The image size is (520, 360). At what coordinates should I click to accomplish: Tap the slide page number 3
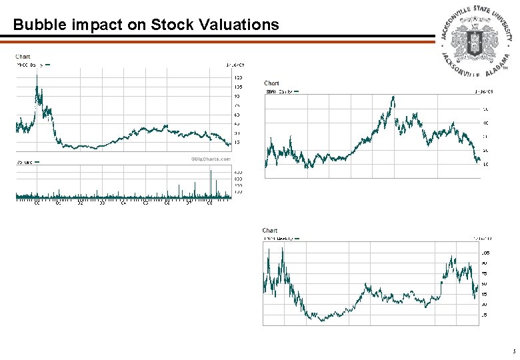point(513,351)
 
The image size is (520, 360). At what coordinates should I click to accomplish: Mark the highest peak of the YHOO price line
point(37,75)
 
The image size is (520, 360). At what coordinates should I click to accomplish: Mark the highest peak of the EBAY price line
point(393,97)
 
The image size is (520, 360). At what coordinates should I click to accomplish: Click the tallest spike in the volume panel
point(211,171)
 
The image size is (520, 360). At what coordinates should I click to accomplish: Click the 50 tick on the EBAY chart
point(485,109)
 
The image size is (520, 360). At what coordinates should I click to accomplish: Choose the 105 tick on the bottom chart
point(485,253)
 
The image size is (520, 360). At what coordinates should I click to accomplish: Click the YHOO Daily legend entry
point(31,65)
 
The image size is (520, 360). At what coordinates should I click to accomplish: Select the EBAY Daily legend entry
point(280,91)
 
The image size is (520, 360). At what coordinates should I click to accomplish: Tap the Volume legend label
point(25,161)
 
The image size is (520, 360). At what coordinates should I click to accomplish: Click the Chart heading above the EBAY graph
point(271,83)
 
